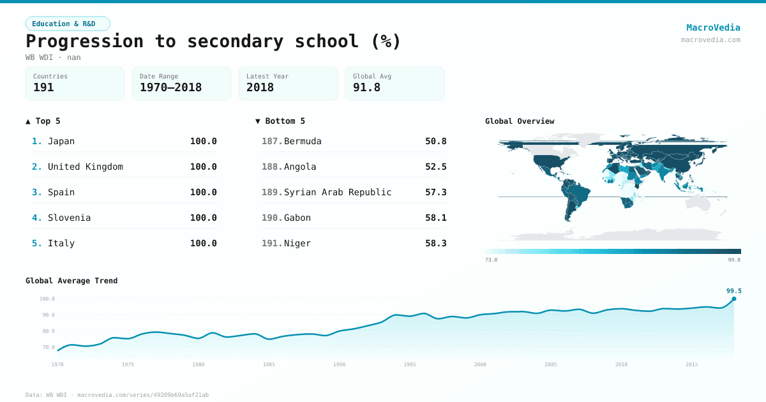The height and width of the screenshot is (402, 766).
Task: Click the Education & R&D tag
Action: pos(68,24)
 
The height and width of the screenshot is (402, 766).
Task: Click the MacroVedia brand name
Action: pos(713,27)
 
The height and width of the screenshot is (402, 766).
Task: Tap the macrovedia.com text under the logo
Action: pos(710,40)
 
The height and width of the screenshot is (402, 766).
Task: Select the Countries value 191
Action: pos(43,87)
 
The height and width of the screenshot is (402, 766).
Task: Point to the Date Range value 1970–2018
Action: pos(170,87)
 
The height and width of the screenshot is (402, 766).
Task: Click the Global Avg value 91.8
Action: pos(366,87)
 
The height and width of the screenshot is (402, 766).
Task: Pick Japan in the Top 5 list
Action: pos(61,141)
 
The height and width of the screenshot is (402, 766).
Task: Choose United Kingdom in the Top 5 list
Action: pos(86,167)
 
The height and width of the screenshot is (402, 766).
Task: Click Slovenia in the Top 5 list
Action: pos(69,218)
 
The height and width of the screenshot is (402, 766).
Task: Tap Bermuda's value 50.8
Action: pos(436,141)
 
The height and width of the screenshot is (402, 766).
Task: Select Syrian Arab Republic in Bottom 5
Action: pos(338,192)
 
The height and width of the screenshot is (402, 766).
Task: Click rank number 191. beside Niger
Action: pos(271,243)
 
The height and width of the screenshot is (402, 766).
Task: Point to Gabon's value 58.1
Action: pos(436,218)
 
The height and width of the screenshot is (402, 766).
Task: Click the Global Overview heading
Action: pos(520,121)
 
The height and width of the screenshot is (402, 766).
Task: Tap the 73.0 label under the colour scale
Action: pos(491,260)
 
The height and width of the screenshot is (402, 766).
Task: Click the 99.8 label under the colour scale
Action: pos(734,260)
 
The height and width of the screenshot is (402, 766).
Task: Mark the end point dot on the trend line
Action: pos(734,299)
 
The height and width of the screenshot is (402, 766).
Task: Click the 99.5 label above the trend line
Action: pos(734,291)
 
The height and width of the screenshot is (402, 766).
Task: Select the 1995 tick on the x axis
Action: pos(410,364)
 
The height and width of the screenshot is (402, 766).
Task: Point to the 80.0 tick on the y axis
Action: pos(47,331)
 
